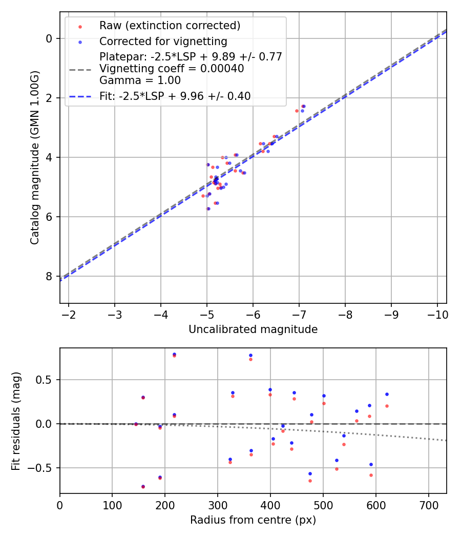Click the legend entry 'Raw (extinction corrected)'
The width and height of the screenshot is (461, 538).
(x=170, y=26)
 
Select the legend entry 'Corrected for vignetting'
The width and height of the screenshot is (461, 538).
(x=163, y=41)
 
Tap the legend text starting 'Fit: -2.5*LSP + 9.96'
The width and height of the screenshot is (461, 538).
(x=175, y=96)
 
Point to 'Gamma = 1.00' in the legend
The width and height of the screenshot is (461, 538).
(x=140, y=80)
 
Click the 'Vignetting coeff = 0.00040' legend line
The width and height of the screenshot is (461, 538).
(x=172, y=68)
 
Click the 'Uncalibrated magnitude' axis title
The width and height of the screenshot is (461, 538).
(x=253, y=329)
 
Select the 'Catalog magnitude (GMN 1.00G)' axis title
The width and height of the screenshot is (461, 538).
(x=34, y=157)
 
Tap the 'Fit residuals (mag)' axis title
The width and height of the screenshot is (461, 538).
(x=16, y=421)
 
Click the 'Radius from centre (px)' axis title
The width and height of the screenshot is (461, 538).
(x=253, y=520)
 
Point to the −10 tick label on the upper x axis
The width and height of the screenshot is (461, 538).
(x=437, y=314)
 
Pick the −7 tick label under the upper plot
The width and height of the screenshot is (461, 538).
(x=299, y=314)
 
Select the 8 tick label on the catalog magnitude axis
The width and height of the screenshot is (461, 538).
(x=49, y=277)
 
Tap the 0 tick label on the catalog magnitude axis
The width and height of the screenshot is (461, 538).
(x=49, y=38)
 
